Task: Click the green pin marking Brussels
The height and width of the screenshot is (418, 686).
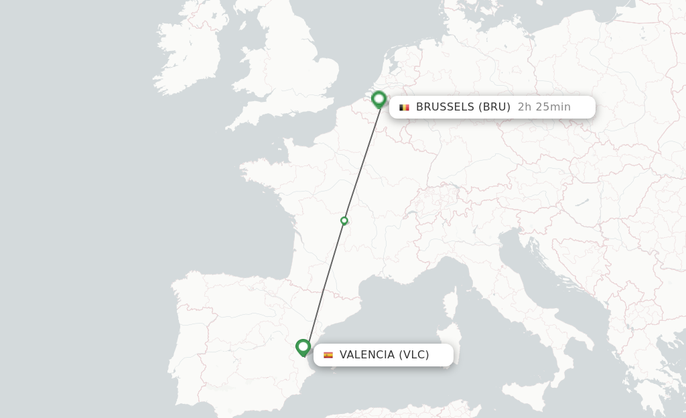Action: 379,100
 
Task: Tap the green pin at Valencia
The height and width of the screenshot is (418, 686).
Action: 303,347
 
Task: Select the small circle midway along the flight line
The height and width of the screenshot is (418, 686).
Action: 344,220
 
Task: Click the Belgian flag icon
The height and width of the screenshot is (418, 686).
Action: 404,107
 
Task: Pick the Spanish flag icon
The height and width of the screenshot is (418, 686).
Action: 328,355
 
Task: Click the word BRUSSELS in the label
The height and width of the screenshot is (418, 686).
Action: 445,107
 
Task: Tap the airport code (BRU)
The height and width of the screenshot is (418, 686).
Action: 494,107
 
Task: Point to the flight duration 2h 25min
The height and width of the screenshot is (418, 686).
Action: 544,107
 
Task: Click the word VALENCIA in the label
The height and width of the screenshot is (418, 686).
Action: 367,355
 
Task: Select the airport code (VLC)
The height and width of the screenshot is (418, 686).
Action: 414,355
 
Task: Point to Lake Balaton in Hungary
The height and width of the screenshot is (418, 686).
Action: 581,201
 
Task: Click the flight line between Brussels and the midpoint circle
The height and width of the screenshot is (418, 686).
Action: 362,163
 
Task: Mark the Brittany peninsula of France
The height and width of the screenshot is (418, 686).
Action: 265,171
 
